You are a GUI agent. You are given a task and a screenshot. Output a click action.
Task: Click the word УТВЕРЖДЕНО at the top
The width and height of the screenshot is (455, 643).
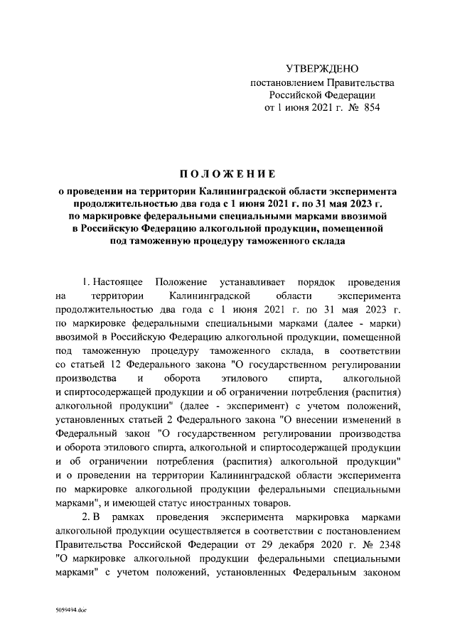tap(322, 69)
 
